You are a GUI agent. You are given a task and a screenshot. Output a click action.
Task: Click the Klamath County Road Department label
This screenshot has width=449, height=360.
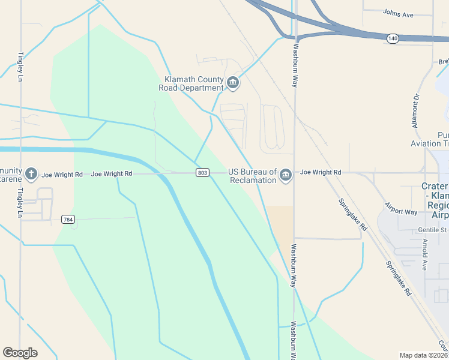tap(191, 83)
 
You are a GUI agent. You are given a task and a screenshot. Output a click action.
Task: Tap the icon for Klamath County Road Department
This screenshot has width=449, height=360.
tap(233, 82)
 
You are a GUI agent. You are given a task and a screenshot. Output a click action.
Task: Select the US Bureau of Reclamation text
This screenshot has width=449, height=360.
tap(252, 176)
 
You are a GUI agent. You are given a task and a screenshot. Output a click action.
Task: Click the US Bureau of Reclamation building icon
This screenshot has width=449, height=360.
tap(286, 175)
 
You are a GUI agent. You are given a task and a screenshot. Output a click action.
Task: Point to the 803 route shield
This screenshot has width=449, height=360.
tap(202, 173)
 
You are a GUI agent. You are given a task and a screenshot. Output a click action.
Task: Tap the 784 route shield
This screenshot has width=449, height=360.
tap(68, 220)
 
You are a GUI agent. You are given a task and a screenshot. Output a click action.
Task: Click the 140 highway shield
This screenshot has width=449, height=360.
tap(392, 38)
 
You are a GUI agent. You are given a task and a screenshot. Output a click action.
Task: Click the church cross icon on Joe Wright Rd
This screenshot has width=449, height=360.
tap(31, 175)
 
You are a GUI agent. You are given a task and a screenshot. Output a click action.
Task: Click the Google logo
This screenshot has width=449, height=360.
tap(20, 352)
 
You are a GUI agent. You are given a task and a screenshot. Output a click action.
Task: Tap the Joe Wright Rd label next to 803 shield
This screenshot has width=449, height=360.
tap(112, 174)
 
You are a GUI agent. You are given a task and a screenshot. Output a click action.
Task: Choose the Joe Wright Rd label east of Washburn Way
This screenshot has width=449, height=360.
tap(321, 172)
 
